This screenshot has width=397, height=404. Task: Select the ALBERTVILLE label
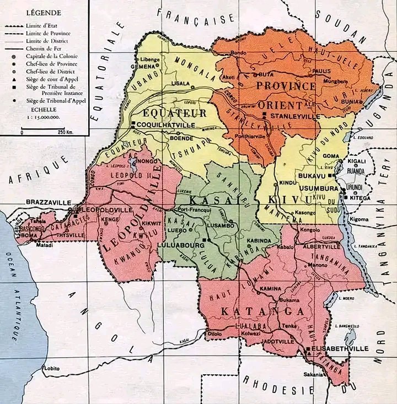coord(320,247)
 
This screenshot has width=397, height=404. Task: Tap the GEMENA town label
coord(141,66)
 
